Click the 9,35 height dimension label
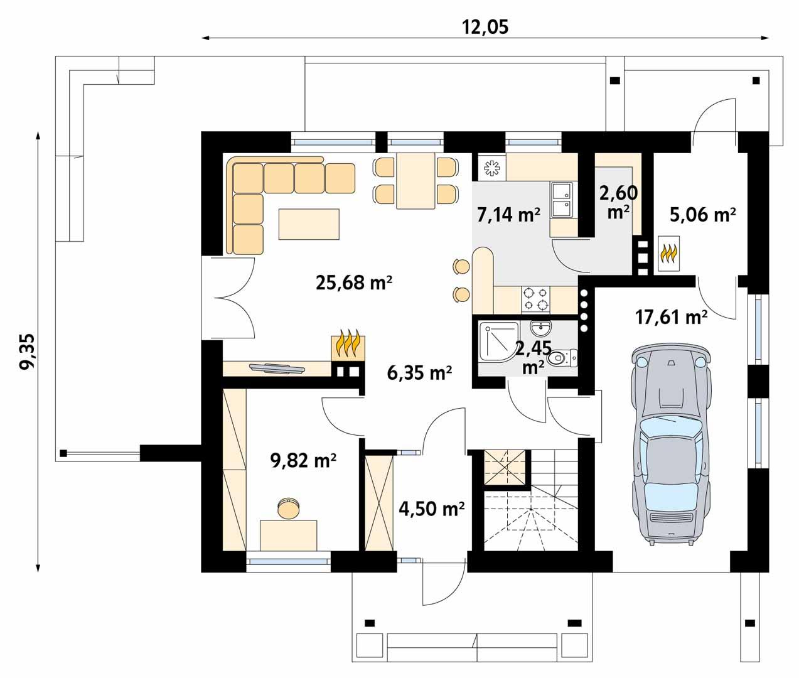point(28,352)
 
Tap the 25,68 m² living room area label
point(354,282)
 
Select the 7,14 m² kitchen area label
point(508,215)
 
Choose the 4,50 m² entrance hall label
point(432,508)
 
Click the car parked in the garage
point(672,445)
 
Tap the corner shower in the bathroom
point(498,342)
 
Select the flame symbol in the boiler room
point(668,254)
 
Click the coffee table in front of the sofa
point(309,224)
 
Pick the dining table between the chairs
point(415,180)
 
